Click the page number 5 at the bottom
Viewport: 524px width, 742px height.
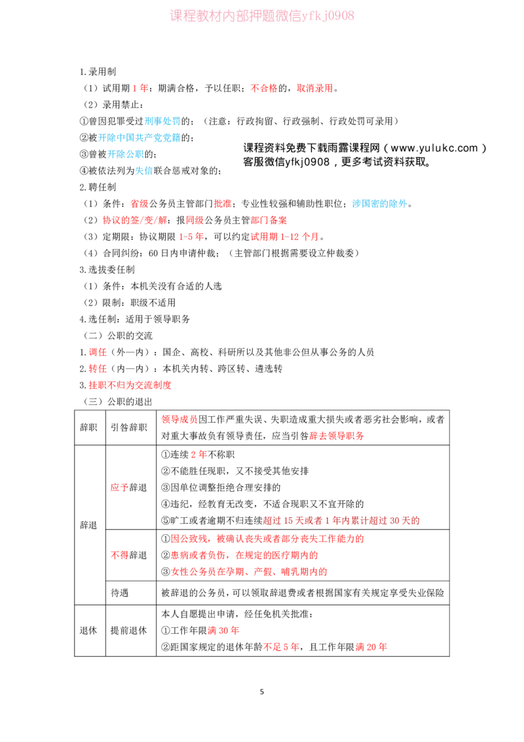tap(262, 692)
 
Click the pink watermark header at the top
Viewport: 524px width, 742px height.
tap(262, 16)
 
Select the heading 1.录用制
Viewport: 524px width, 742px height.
tap(98, 72)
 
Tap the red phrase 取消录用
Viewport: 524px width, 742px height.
tap(315, 88)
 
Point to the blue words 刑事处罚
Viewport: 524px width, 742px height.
tap(162, 122)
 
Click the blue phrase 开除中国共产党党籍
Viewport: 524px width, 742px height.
tap(140, 138)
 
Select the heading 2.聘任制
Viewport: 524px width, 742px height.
tap(98, 187)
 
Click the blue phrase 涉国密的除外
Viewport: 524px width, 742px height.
tap(380, 204)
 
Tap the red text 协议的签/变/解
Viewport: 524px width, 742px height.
tap(135, 220)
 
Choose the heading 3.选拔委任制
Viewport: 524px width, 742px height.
tap(107, 270)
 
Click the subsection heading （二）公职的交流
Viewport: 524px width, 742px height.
tap(119, 336)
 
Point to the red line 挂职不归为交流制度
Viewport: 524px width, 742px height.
tap(130, 385)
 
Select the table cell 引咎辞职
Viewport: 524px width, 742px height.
tap(128, 428)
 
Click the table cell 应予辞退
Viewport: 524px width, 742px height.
tap(128, 488)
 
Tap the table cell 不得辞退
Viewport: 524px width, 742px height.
tap(128, 555)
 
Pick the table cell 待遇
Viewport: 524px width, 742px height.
tap(120, 593)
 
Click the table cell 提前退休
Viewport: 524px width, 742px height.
tap(128, 631)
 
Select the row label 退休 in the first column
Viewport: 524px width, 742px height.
tap(88, 631)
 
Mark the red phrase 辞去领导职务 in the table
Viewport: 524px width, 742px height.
tap(337, 436)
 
